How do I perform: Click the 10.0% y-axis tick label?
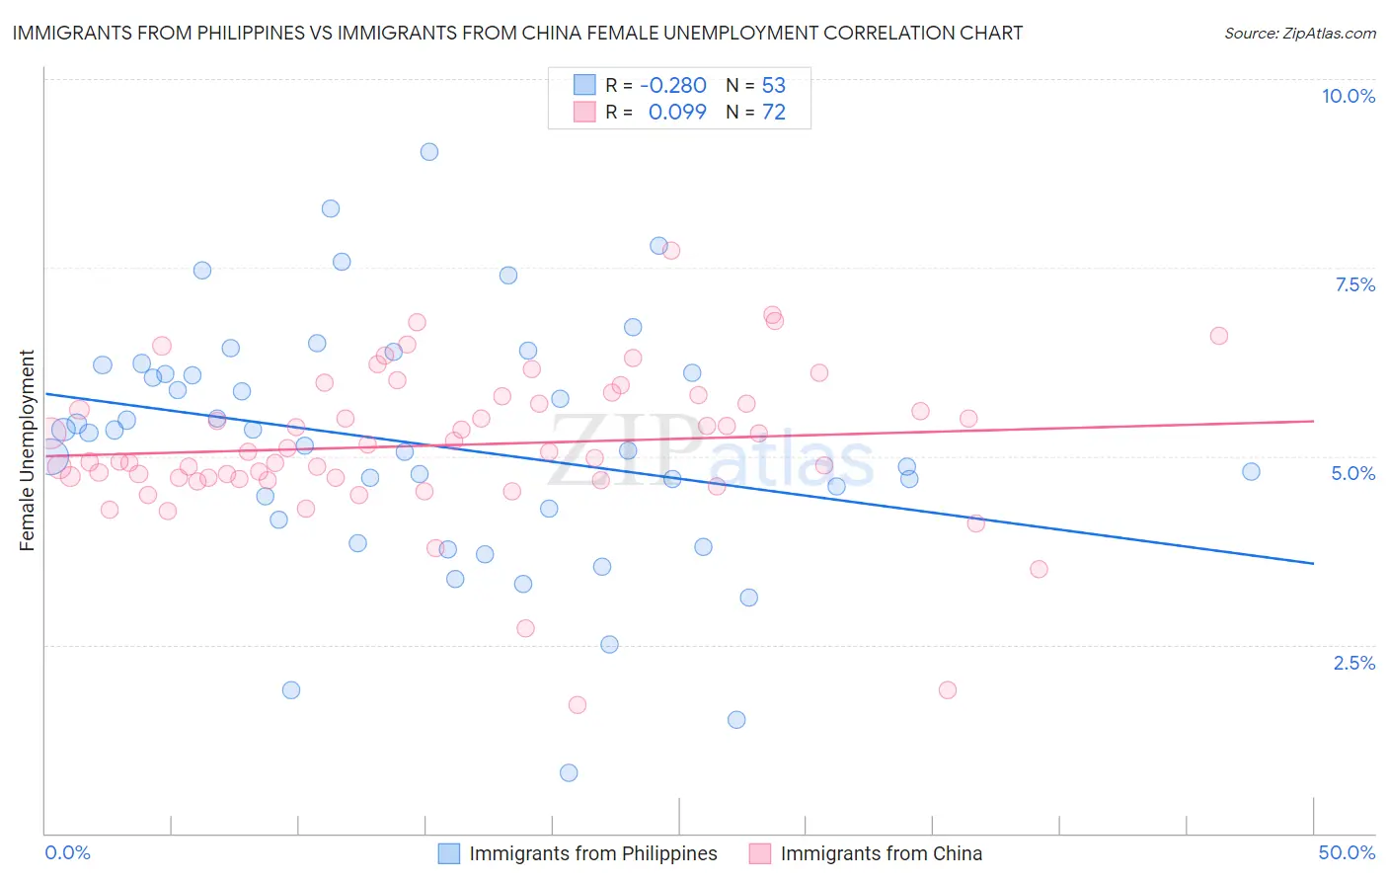(1348, 96)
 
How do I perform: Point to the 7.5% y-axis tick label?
(1354, 284)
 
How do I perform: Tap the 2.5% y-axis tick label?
(1354, 663)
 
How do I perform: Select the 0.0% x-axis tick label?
(67, 852)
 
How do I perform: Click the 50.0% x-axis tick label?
(1347, 852)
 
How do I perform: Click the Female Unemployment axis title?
(27, 450)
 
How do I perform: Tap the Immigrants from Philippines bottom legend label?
(593, 853)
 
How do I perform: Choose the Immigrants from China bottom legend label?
(882, 853)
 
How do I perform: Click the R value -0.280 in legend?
(673, 85)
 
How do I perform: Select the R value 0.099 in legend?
(677, 113)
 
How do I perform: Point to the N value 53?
(774, 85)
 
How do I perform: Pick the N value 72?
(774, 113)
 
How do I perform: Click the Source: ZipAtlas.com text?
(1300, 34)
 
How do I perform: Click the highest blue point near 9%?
(428, 152)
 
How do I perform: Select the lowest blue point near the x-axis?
(569, 772)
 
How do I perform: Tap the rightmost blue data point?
(1251, 472)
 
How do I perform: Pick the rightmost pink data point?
(1218, 336)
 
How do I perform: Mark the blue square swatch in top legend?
(584, 85)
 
